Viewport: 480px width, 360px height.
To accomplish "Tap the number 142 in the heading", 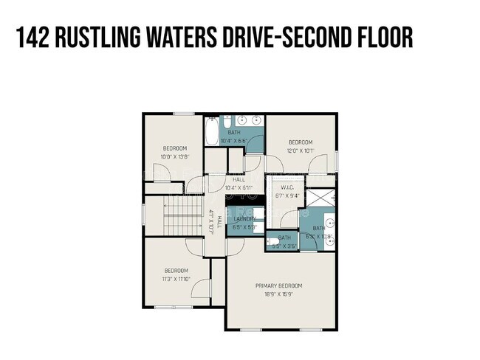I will [34, 38].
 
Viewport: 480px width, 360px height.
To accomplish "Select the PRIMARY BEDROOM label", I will [279, 285].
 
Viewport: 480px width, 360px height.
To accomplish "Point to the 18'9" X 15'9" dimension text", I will [279, 294].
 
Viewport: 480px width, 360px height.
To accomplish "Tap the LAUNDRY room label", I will [245, 219].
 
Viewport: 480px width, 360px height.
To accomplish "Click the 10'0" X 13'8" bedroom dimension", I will [175, 156].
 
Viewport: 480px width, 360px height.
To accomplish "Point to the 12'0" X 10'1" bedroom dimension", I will [301, 150].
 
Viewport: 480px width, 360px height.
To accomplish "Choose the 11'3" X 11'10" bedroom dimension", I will [177, 279].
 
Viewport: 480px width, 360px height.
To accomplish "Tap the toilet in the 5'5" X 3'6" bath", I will [272, 240].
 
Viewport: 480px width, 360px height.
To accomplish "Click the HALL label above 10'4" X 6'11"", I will [239, 179].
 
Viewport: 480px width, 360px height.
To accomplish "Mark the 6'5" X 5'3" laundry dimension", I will [245, 227].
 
